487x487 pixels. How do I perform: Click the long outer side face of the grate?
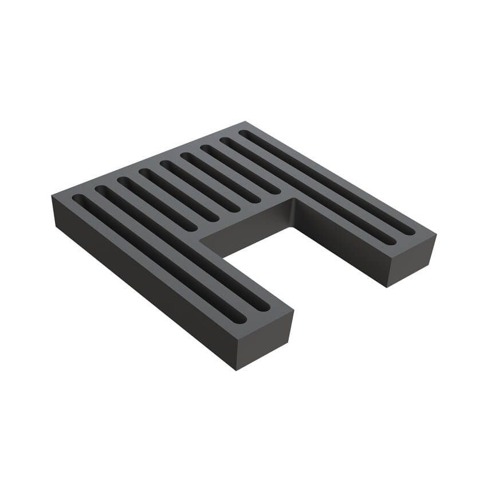(x=143, y=286)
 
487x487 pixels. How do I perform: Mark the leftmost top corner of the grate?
(x=52, y=196)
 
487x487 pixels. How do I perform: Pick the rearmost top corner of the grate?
(x=245, y=121)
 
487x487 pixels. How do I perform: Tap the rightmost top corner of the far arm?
(x=436, y=234)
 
